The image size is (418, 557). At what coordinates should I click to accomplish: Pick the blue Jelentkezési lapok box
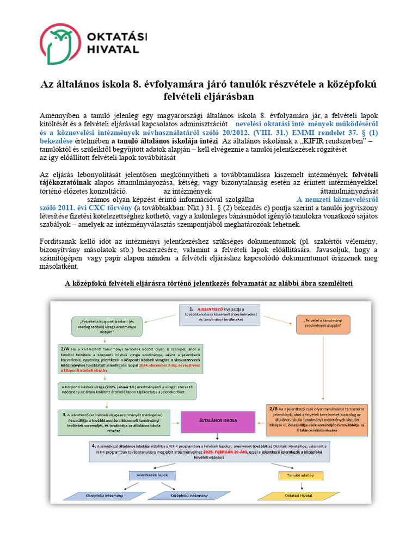[x=152, y=475]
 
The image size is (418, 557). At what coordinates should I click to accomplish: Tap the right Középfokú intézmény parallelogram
[x=188, y=496]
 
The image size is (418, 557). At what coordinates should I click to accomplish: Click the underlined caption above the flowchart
[x=209, y=284]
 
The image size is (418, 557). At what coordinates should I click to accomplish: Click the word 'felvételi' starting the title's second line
[x=187, y=97]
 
